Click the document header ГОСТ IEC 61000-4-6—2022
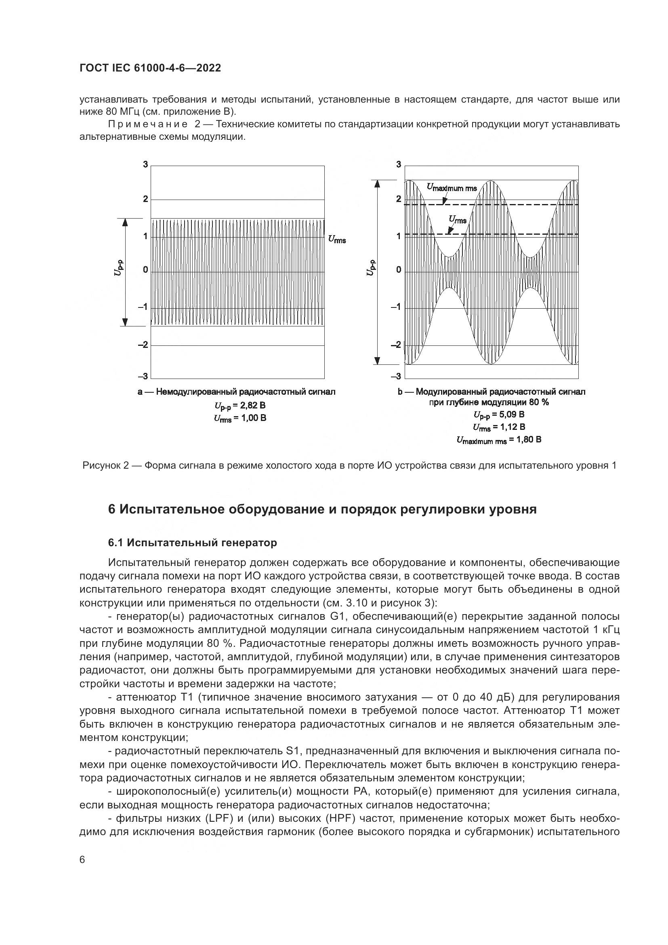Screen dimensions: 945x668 coord(150,68)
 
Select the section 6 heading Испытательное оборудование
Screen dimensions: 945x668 coord(322,509)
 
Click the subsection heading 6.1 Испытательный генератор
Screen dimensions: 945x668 coord(193,543)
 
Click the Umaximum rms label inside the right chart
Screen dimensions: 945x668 coord(452,188)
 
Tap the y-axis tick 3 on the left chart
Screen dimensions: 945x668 coord(145,164)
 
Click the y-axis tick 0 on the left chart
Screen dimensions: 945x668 coord(145,270)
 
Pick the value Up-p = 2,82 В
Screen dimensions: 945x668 coord(240,405)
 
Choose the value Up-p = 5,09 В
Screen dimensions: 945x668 coord(499,414)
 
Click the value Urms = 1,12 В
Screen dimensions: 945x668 coord(499,427)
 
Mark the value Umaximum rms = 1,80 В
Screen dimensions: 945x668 coord(499,440)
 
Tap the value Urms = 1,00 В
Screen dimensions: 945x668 coord(240,418)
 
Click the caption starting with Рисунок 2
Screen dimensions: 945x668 coord(349,465)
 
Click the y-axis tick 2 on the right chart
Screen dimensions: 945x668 coord(398,199)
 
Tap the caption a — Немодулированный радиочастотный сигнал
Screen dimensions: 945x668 coord(237,392)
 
